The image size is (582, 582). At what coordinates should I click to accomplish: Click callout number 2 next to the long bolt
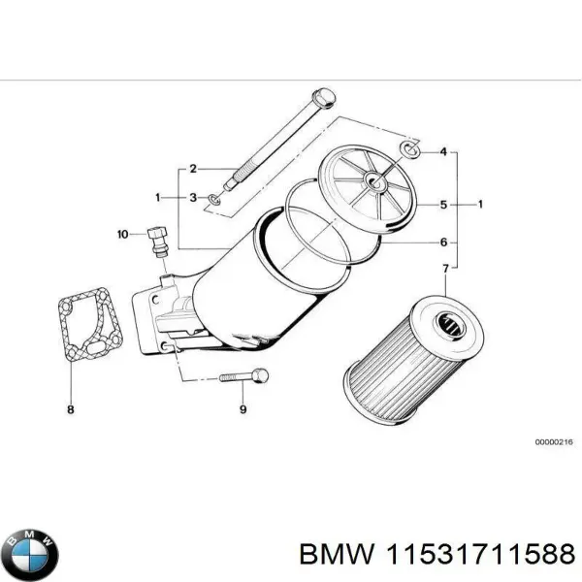point(193,168)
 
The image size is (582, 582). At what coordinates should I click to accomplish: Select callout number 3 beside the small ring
point(193,198)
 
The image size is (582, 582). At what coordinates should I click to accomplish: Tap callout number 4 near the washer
point(442,151)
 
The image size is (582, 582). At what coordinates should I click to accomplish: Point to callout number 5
point(443,205)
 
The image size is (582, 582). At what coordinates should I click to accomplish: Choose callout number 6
point(443,242)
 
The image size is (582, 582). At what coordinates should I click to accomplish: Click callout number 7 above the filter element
point(445,268)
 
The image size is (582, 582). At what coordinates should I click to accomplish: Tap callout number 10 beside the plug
point(122,234)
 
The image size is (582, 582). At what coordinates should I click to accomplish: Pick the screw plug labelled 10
point(157,240)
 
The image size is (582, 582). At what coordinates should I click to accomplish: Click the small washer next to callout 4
point(409,148)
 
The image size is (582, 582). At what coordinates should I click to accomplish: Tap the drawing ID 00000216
point(554,442)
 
